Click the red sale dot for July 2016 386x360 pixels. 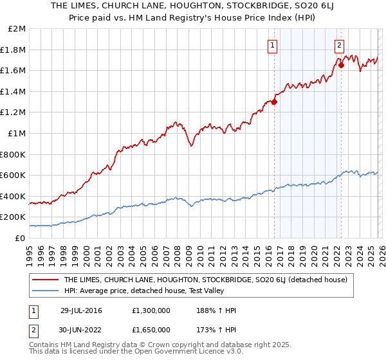click(274, 102)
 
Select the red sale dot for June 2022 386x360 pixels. click(341, 65)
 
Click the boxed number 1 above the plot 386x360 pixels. click(273, 45)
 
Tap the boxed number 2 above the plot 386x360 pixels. click(339, 45)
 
